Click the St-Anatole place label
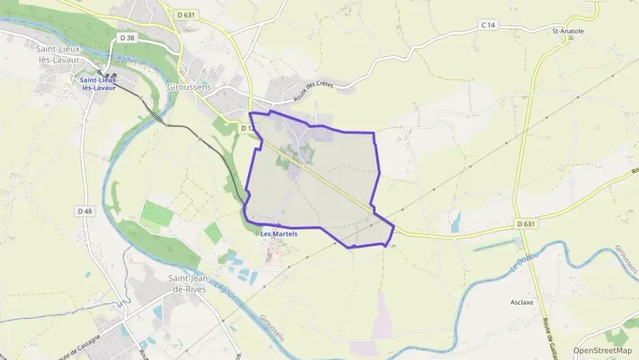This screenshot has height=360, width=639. click(x=567, y=31)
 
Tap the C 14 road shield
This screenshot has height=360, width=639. click(x=487, y=25)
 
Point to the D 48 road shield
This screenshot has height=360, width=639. click(x=85, y=211)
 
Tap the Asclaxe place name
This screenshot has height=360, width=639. click(x=522, y=301)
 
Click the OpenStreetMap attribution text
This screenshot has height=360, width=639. click(x=603, y=350)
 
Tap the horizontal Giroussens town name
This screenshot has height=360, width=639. click(x=189, y=88)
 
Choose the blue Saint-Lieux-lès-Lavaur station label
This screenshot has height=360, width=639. click(x=98, y=83)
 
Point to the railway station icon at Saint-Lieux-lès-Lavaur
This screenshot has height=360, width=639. click(x=100, y=72)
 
